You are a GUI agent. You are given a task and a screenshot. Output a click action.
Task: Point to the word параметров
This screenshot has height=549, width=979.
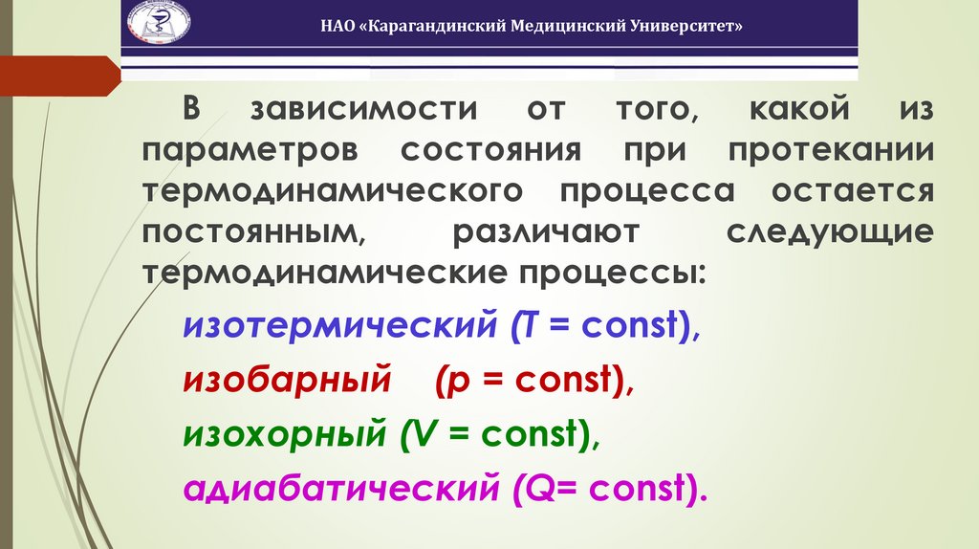pos(250,150)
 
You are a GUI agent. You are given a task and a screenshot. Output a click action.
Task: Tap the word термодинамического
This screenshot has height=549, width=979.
pos(334,191)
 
